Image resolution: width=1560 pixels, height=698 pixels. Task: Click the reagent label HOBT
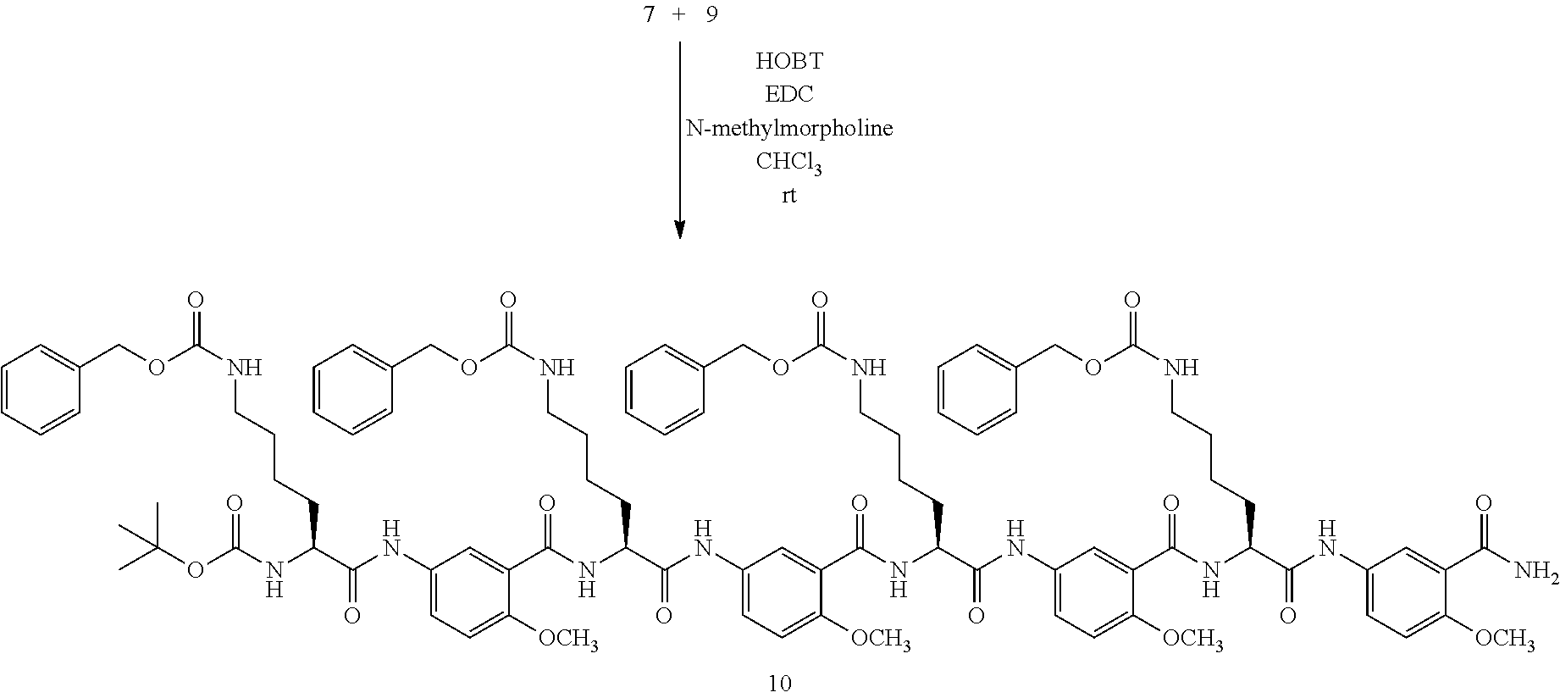coord(788,61)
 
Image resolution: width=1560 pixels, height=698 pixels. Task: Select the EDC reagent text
coord(788,94)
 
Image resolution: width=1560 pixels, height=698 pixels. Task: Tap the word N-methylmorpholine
coord(788,128)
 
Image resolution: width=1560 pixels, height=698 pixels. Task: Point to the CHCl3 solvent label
coord(788,163)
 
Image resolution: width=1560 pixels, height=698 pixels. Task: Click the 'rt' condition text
coord(788,196)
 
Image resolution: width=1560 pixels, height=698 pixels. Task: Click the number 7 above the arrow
coord(649,15)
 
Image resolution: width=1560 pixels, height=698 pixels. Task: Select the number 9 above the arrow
coord(711,15)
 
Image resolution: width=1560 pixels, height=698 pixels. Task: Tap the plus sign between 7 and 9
coord(679,15)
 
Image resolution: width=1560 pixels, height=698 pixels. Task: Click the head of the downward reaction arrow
coord(679,230)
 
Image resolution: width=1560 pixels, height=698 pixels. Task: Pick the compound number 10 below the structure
coord(779,683)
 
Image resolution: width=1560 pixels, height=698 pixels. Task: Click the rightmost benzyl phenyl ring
coord(978,391)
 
